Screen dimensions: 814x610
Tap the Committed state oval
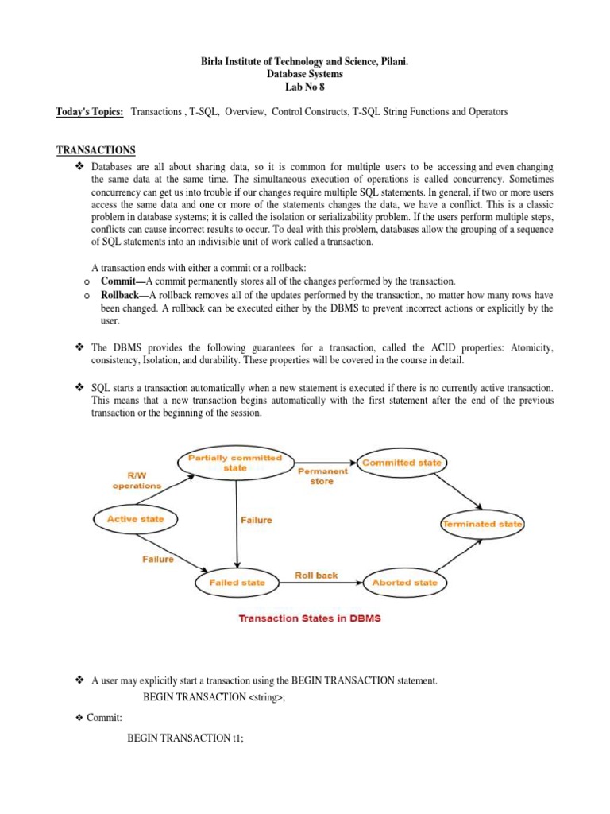tap(402, 463)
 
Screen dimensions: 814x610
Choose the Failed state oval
tap(237, 583)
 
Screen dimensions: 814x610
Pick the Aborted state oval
tap(404, 583)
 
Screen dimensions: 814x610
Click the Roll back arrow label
tap(316, 575)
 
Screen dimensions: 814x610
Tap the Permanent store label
tap(322, 476)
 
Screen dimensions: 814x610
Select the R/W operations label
tap(137, 479)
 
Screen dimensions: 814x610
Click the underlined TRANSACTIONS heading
tap(95, 150)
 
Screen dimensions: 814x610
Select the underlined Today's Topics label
tap(90, 112)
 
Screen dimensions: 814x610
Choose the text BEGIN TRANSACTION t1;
tap(185, 738)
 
